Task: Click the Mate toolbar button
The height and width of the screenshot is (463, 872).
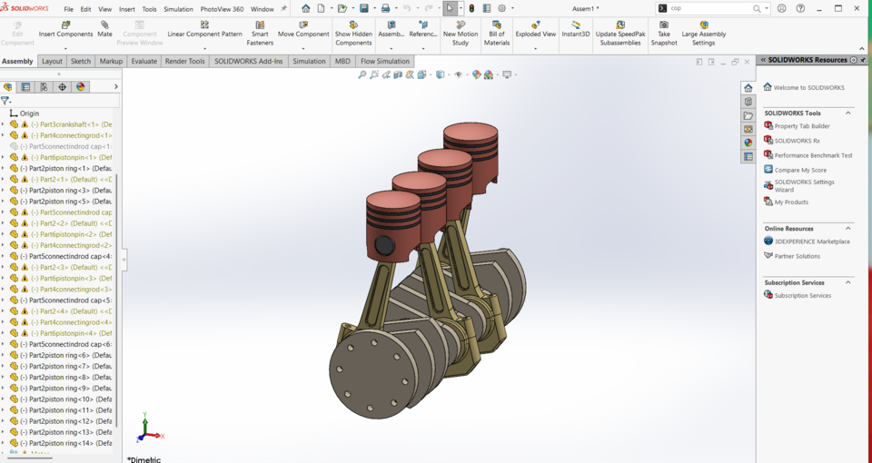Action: coord(104,29)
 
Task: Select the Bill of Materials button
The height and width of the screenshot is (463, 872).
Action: coord(496,33)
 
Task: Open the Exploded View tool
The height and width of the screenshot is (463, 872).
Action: coord(535,29)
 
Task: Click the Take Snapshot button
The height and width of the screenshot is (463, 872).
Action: coord(664,33)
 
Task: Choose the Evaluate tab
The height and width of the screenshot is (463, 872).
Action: coord(144,61)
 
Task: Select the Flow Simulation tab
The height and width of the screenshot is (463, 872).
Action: coord(385,61)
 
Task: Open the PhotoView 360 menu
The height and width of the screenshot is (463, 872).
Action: coord(222,9)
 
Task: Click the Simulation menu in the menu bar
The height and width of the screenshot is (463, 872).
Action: coord(178,9)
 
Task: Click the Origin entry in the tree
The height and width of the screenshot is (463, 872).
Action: coord(29,113)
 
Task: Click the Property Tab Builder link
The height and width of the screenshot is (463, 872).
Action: coord(801,126)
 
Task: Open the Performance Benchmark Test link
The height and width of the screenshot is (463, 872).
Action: coord(813,155)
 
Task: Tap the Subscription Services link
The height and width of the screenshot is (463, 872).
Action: coord(802,295)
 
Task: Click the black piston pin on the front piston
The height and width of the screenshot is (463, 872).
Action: coord(384,245)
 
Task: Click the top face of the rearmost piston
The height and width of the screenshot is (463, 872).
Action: coord(471,133)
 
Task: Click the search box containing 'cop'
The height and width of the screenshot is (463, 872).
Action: coord(708,8)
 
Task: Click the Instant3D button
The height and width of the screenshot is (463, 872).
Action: coord(575,29)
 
